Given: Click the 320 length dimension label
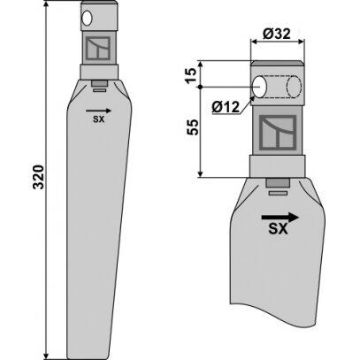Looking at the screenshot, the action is coord(38,177).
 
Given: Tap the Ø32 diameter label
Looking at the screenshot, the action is coord(277,34).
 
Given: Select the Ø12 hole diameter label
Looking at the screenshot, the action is coord(226,107).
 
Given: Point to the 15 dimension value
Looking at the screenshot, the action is coord(191,75).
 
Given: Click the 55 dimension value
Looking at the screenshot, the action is coord(193,127).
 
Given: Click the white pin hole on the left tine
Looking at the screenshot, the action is coord(87,19).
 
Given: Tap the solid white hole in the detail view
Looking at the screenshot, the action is coord(260,87).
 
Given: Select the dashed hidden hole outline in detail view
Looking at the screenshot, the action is coord(294,87).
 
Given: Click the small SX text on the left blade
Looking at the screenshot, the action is coord(98,119).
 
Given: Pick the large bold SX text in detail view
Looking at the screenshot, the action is coord(278,228).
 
